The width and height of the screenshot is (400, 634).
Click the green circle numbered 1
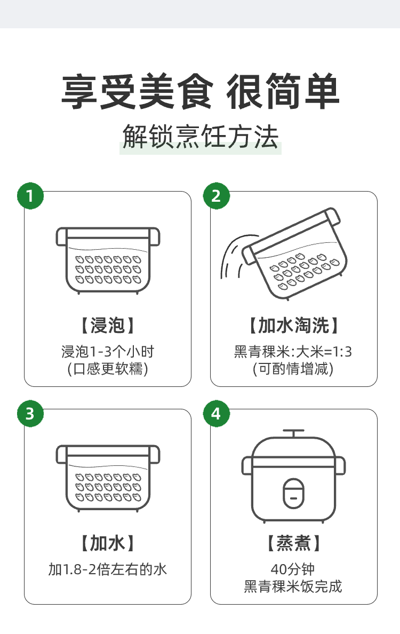(x=30, y=196)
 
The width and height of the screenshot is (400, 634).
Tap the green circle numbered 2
(x=216, y=196)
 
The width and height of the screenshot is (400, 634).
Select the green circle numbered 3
(x=30, y=414)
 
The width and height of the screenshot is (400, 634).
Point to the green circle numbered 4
(x=216, y=414)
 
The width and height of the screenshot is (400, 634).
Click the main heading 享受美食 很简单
(x=200, y=91)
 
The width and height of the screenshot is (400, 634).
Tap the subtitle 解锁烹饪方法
(x=201, y=137)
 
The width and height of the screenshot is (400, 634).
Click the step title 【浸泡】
(x=108, y=325)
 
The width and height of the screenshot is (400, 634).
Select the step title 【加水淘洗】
(x=294, y=325)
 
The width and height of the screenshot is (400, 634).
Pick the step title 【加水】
(x=108, y=543)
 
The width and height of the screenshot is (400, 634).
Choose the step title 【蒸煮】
(x=294, y=543)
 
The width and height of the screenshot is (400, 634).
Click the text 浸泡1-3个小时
(x=108, y=351)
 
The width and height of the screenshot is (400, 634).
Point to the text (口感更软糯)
(x=108, y=369)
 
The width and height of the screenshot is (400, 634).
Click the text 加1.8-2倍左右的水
(x=108, y=569)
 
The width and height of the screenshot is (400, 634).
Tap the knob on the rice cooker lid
(x=294, y=433)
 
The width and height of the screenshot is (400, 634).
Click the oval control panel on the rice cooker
(x=294, y=494)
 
